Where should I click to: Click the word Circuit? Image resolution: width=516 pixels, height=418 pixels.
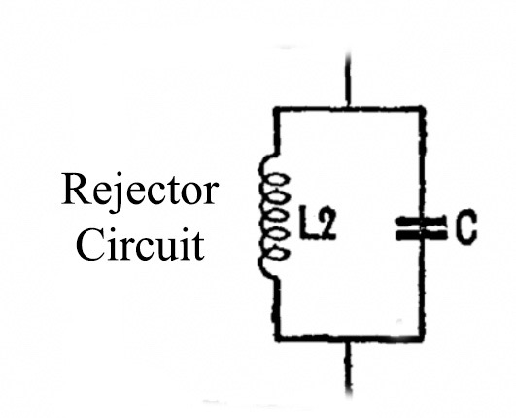coord(140,244)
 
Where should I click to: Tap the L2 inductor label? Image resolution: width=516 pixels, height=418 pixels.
coord(318,223)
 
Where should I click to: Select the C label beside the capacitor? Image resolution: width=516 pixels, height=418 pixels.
coord(466,226)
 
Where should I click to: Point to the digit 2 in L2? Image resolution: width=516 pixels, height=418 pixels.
coord(327,223)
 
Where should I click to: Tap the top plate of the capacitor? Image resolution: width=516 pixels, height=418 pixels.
coord(421,220)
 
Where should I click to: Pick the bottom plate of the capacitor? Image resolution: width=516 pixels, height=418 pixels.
coord(421,234)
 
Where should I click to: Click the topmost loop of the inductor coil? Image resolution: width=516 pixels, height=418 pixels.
coord(279,181)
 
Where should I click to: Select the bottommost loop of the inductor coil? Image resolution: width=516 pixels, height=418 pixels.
coord(279,254)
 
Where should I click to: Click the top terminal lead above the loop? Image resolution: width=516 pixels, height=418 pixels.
coord(348,78)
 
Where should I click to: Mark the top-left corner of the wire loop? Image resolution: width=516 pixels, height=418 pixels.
coord(277,110)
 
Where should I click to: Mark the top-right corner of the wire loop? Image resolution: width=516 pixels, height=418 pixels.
coord(422,110)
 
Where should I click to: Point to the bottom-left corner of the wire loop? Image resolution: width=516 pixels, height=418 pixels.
coord(278,338)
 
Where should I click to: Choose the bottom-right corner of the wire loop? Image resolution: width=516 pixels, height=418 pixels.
coord(422,338)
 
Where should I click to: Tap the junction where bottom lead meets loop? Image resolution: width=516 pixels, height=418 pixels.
coord(348,339)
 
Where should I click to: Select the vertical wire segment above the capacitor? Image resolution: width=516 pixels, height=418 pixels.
coord(422,163)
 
